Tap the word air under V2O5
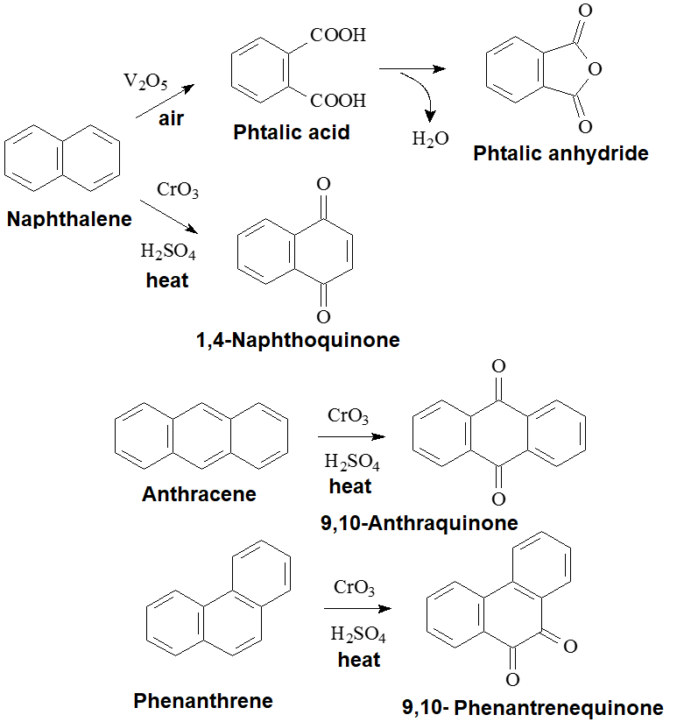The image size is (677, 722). pos(171,118)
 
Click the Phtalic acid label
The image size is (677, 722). pos(292,132)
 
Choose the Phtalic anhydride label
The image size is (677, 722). pos(561,154)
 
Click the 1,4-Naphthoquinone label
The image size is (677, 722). pos(298,340)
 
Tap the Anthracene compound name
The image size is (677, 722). pos(199,494)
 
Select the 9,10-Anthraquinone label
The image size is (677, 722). pos(420,523)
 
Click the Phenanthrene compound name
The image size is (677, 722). pos(203,701)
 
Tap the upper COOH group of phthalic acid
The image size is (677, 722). pos(337,37)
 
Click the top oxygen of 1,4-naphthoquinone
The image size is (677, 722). pos(324,185)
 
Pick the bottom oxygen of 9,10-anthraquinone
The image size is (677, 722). pos(498,499)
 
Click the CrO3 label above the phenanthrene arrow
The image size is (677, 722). pos(354,586)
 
